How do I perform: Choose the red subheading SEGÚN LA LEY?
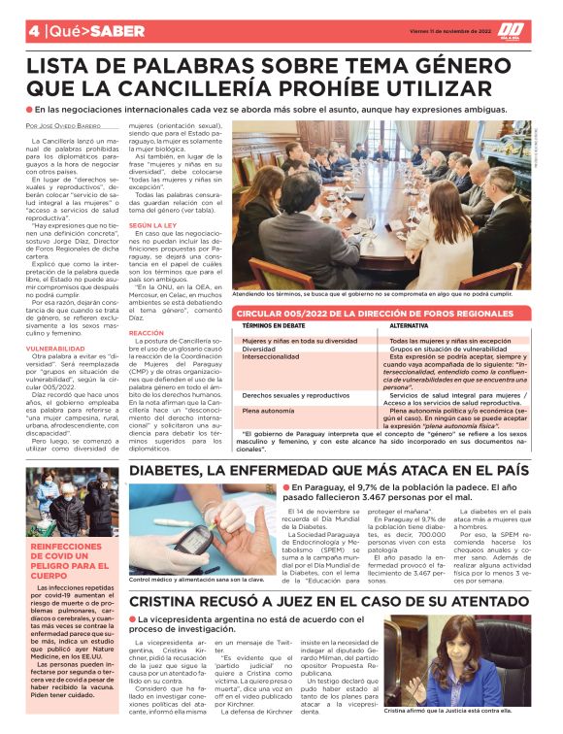click(152, 224)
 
